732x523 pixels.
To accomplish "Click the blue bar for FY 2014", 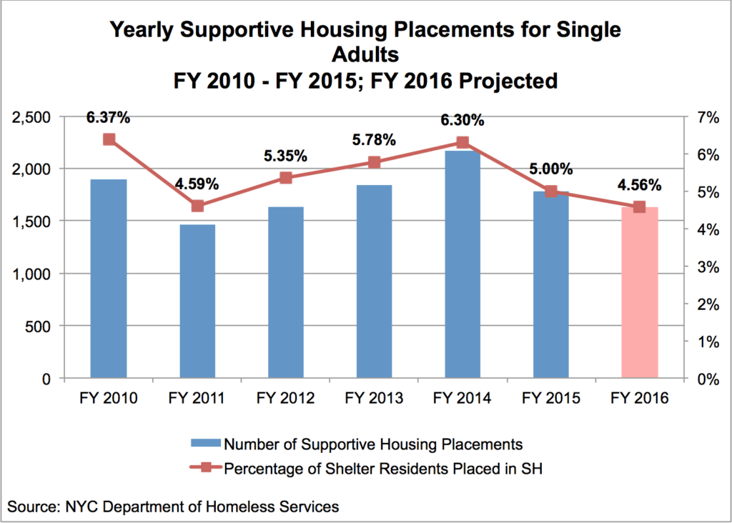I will [x=462, y=264].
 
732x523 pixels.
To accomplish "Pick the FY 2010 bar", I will [x=109, y=279].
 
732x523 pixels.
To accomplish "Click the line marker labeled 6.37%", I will [x=109, y=139].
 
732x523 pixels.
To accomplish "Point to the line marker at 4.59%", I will [x=197, y=206].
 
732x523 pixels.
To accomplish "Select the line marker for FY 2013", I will [x=374, y=162].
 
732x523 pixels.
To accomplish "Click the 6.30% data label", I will [x=462, y=120].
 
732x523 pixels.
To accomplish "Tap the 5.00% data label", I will [x=550, y=169].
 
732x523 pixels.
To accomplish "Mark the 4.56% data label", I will [x=639, y=185].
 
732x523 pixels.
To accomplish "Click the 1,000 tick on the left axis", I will [x=40, y=274].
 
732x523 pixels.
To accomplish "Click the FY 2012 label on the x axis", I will [x=285, y=398].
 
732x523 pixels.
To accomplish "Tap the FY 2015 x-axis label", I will [x=550, y=398].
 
